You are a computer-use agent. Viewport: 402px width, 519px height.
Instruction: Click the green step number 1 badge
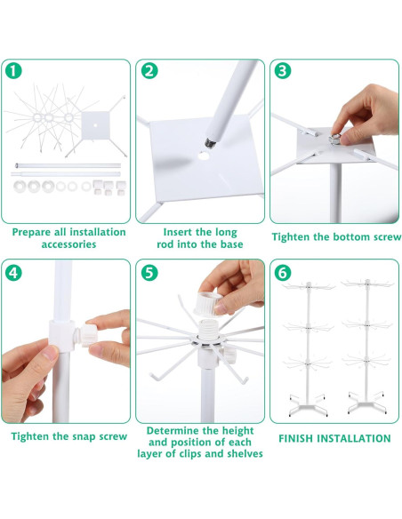coord(13,72)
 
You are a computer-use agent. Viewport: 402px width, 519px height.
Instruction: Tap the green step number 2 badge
coord(149,72)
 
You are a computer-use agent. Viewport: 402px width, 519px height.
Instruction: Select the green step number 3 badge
coord(283,72)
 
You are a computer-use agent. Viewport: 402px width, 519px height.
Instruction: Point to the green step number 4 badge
coord(13,272)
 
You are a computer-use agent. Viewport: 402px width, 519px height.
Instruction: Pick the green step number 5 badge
coord(149,272)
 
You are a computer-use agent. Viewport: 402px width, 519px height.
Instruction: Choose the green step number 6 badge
coord(283,272)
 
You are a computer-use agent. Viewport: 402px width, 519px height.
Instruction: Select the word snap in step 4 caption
coord(76,437)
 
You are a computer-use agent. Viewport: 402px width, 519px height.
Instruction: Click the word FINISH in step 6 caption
coord(299,438)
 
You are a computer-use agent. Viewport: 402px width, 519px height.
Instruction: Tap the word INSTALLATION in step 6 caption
coord(356,438)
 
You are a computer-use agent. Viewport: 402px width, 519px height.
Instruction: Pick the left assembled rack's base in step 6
coord(303,405)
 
